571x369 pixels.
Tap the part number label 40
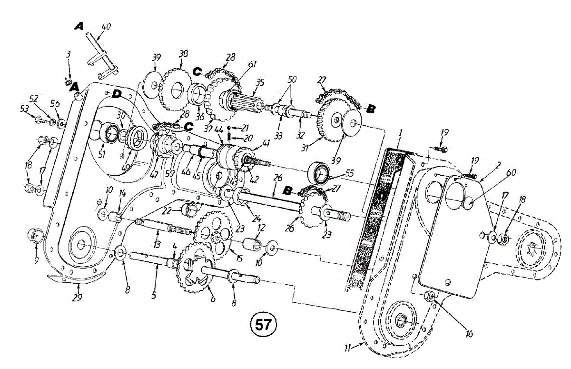pyautogui.click(x=106, y=27)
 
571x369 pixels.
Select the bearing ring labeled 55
pyautogui.click(x=320, y=173)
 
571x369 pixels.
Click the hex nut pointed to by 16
pyautogui.click(x=428, y=296)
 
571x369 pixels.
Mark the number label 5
pyautogui.click(x=154, y=295)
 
